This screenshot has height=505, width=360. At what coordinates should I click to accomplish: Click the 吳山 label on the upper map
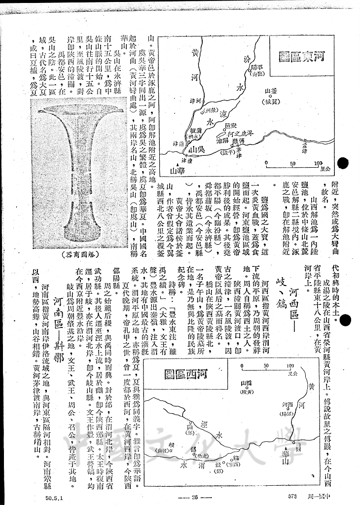point(198,148)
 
